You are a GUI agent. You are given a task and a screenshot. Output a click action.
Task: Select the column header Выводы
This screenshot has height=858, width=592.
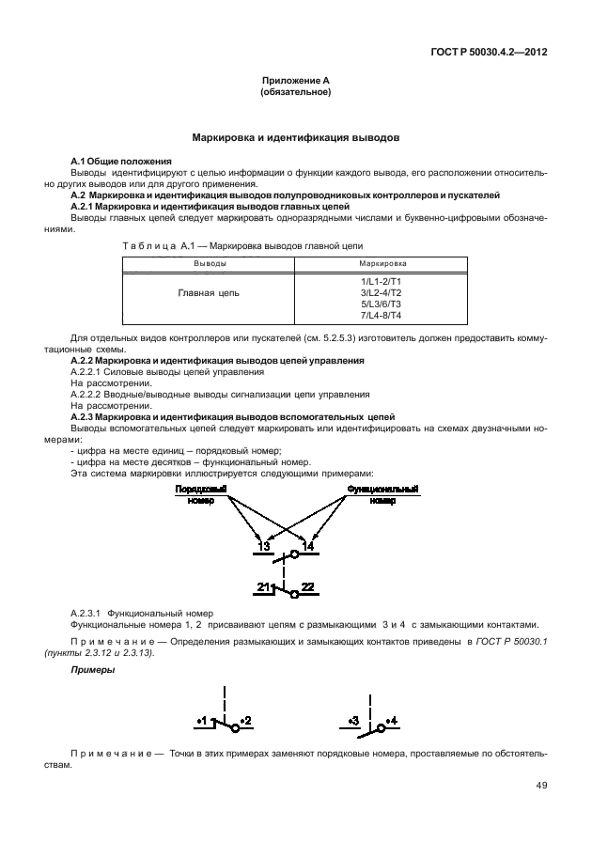coord(210,264)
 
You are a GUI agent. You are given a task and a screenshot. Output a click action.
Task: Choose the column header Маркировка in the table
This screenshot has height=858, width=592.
coord(381,264)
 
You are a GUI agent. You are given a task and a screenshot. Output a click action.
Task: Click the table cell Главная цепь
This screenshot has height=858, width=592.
coord(209,293)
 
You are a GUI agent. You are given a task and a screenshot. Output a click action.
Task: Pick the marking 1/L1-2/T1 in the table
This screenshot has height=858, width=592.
coord(381,281)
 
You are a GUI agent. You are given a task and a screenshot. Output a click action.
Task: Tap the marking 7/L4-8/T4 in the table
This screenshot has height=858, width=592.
coord(381,315)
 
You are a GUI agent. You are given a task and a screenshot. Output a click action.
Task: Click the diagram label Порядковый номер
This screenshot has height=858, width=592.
coord(199,494)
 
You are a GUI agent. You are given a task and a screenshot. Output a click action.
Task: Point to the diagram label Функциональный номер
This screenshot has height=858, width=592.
coord(382,494)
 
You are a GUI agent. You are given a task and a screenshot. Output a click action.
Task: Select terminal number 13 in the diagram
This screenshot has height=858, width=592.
coord(263,546)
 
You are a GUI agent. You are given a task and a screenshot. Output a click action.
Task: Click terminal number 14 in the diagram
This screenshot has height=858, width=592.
coord(307,546)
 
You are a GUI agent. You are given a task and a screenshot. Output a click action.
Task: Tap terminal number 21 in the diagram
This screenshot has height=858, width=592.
coord(263,586)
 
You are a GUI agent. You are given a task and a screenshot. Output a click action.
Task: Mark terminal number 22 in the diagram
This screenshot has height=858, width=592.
coord(307,586)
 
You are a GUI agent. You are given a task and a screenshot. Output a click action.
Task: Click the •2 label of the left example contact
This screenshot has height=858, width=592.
coord(245,721)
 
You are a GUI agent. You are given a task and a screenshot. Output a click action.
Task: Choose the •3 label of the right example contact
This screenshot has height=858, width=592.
coord(353,721)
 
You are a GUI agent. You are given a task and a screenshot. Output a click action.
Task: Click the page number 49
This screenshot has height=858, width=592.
coord(541,786)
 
